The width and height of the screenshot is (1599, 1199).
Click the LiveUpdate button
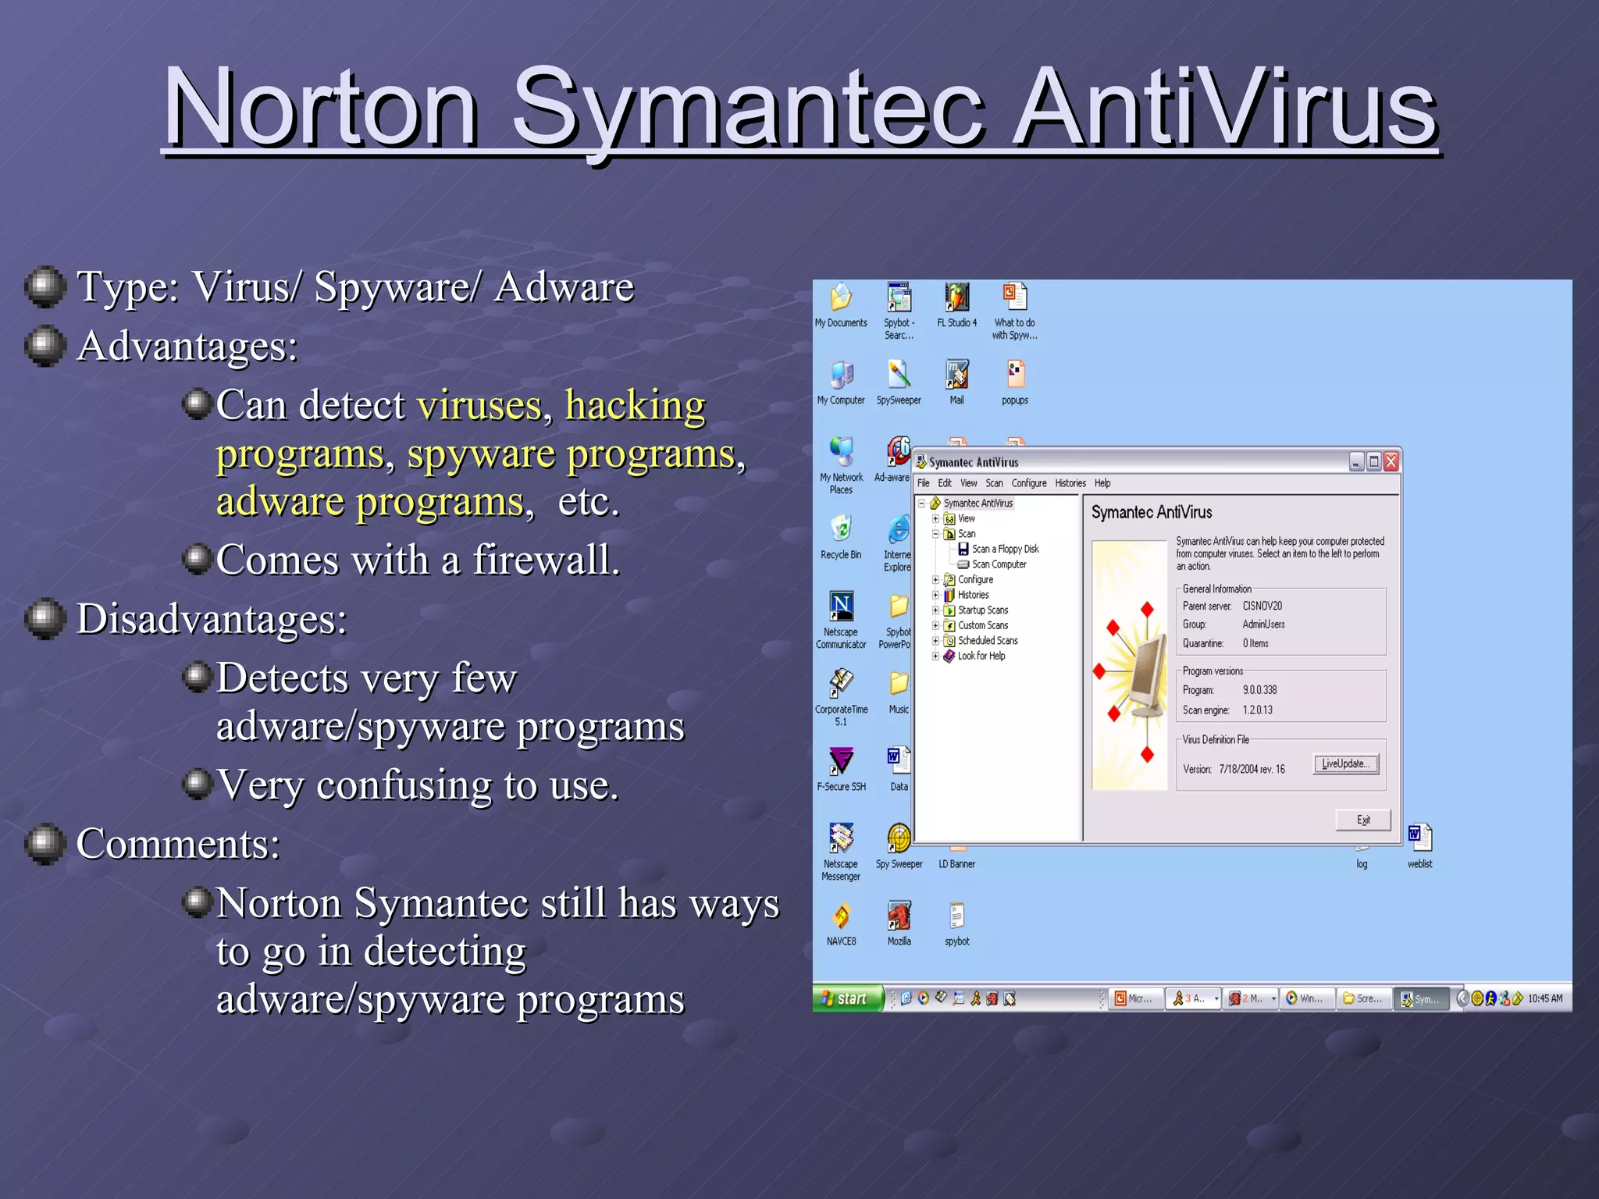1345,763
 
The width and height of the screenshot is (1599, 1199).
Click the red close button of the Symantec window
1391,462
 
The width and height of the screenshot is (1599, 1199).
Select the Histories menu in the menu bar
1070,483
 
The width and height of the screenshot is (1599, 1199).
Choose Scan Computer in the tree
999,564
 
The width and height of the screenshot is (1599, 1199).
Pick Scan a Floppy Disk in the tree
1005,549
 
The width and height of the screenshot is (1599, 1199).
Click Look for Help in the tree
981,656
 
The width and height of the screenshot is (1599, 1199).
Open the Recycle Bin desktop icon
841,531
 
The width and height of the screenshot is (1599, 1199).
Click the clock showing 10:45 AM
1544,998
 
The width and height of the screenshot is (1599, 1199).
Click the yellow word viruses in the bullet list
479,405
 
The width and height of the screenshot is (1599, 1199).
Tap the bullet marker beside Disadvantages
45,618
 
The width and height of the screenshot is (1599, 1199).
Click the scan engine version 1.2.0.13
1257,710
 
